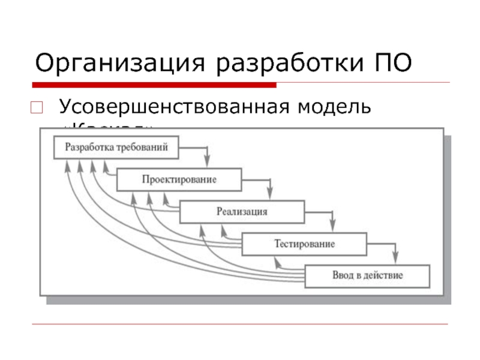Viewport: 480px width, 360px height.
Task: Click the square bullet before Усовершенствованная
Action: click(36, 109)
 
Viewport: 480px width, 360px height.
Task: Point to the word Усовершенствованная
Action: click(171, 108)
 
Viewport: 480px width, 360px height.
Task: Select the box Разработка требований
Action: click(116, 147)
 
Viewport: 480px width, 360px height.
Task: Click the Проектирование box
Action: click(179, 179)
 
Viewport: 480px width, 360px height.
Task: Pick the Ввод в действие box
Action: click(367, 277)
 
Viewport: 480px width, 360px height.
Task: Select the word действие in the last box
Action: click(383, 277)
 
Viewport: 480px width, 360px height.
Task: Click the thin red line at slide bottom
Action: click(240, 325)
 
